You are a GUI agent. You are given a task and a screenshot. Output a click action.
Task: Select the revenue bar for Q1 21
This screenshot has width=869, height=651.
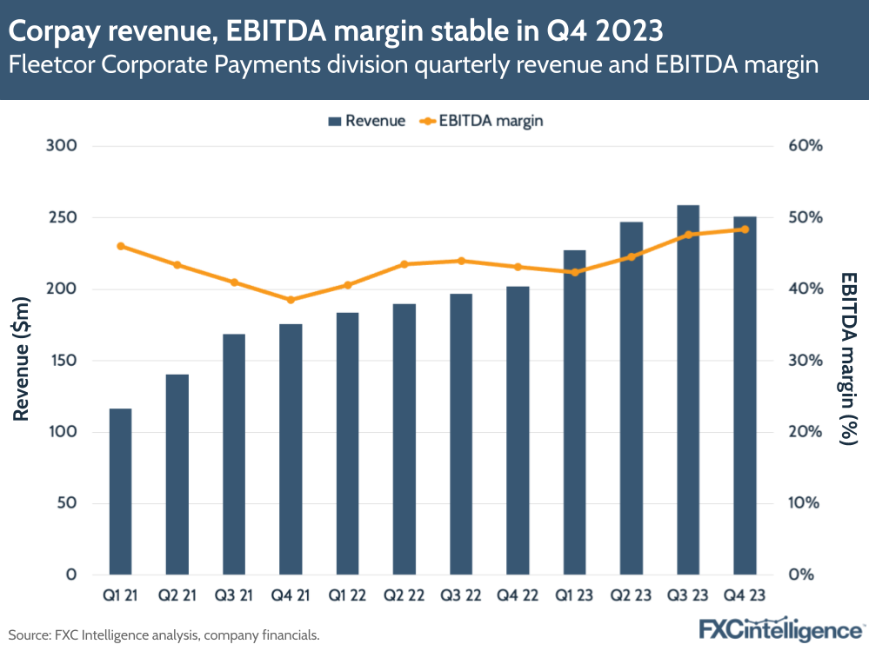[120, 491]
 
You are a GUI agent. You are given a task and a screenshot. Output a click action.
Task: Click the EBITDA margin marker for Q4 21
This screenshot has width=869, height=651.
[291, 300]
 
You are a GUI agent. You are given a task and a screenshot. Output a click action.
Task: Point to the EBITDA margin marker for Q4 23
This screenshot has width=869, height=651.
[745, 229]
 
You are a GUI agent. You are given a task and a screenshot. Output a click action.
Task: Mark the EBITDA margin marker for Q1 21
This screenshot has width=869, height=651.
[120, 246]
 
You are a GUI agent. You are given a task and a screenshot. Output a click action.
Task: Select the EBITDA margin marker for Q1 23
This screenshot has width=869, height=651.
[574, 272]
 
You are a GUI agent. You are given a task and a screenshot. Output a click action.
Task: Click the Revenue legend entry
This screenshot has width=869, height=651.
[366, 121]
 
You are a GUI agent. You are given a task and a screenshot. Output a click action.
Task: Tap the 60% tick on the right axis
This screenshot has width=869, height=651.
[805, 146]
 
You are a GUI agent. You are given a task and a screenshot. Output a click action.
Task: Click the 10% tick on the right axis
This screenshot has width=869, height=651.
[805, 503]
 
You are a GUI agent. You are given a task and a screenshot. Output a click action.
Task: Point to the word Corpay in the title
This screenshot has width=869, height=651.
[55, 32]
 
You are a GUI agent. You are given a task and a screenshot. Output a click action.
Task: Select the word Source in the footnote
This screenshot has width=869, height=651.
[28, 634]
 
